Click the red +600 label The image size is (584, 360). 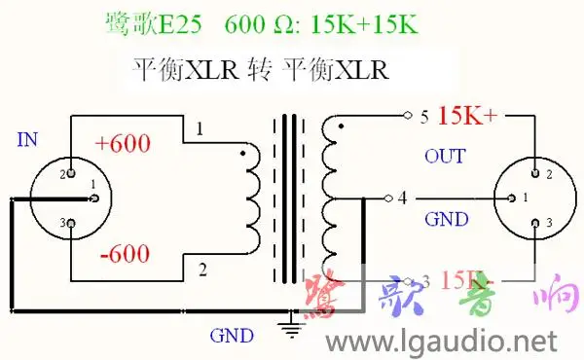click(123, 143)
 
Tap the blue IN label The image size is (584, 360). click(28, 140)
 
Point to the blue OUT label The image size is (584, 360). click(446, 156)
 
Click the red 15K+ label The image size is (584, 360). click(467, 117)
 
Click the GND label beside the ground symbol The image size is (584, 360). click(232, 336)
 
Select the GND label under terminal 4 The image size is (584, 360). click(446, 219)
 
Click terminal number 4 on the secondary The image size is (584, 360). click(402, 198)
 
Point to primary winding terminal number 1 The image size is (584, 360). click(200, 128)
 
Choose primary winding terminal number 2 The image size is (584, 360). click(201, 268)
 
